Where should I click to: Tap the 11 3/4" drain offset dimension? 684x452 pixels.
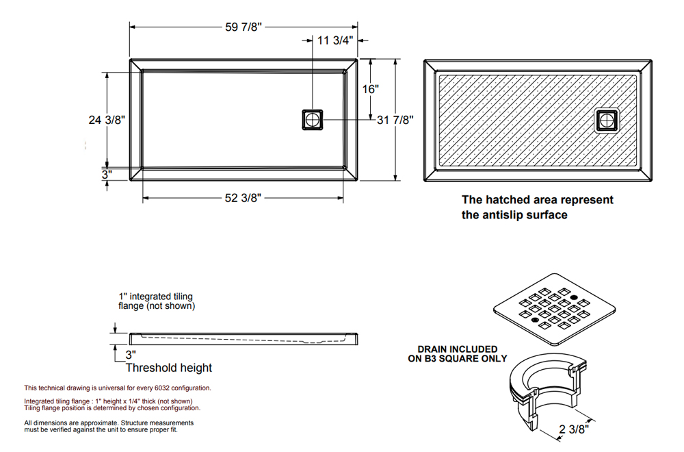point(335,40)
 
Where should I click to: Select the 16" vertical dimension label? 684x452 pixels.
point(370,89)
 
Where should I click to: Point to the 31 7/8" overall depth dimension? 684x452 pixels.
point(395,120)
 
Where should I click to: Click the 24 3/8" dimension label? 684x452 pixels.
point(107,120)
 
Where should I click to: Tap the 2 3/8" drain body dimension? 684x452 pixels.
point(574,429)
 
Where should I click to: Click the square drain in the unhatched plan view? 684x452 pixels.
point(313,120)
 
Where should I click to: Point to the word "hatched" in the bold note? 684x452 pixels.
point(510,200)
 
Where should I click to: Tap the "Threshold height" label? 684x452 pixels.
point(168,368)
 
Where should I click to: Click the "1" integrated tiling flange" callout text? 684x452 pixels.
point(157,301)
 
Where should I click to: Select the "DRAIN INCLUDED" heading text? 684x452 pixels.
point(458,349)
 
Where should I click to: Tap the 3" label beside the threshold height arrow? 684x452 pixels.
point(131,355)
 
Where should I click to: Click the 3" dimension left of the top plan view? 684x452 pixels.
point(107,175)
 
